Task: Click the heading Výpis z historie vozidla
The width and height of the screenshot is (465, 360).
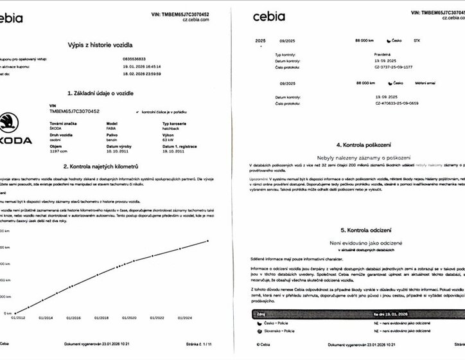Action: [x=100, y=44]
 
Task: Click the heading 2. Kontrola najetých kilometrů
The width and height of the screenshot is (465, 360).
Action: [x=100, y=166]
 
